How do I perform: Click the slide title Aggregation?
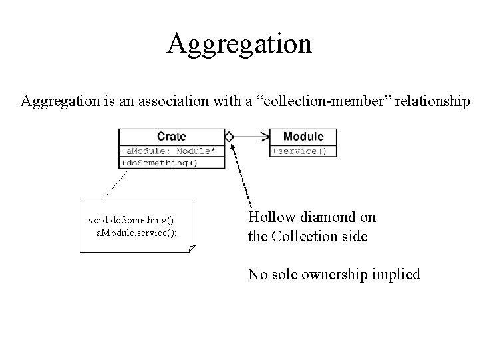239,44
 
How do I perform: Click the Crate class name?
172,137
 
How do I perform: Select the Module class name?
303,137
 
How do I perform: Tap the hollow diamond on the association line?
229,137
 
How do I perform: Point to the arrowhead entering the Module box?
266,137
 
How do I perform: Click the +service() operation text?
299,151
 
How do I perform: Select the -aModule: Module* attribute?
168,151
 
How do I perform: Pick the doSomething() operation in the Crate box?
161,162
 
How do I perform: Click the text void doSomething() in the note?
131,219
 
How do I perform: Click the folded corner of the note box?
192,248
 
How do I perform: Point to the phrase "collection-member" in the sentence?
323,101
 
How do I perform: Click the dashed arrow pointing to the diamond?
241,173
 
